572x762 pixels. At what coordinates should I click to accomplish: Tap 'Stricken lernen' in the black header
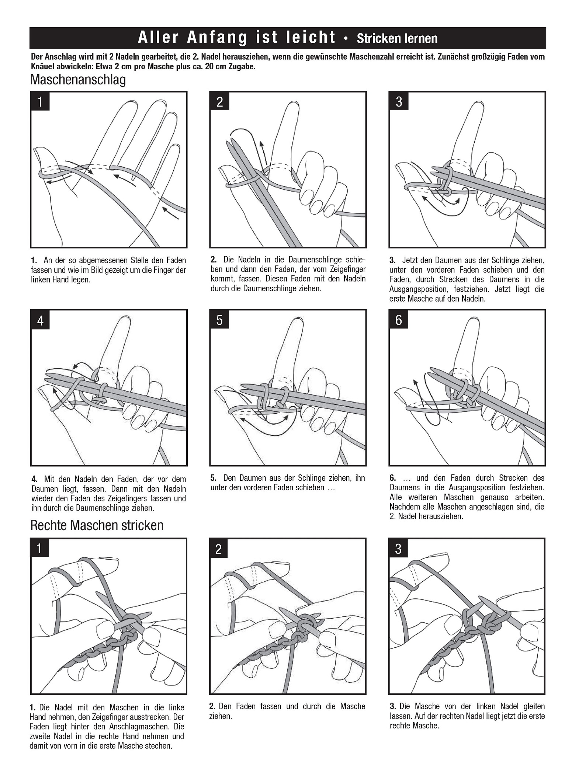pos(397,38)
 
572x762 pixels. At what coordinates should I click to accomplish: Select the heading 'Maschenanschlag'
pos(78,80)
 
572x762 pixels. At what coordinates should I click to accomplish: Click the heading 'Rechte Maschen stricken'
pos(97,525)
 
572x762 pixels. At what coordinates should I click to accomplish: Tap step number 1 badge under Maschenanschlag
pos(40,101)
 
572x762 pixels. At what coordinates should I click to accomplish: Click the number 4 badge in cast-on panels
pos(40,320)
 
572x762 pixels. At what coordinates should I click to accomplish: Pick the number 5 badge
pos(219,320)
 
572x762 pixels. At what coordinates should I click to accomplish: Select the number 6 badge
pos(399,320)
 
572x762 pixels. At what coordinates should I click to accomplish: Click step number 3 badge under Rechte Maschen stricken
pos(398,549)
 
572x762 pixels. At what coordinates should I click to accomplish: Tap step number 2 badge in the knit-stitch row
pos(219,549)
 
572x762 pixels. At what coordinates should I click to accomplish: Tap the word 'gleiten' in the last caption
pos(531,706)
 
